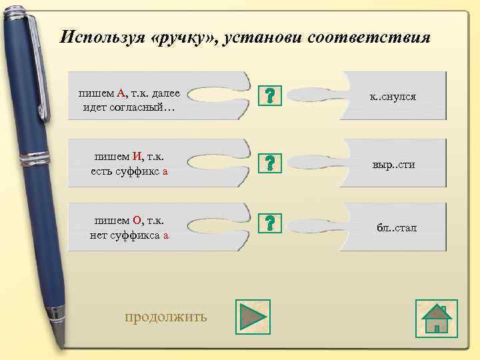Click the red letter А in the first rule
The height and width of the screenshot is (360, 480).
coord(121,95)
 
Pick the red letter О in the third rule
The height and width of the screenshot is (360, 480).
coord(137,221)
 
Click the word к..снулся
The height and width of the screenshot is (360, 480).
coord(393,97)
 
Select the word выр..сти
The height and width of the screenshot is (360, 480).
coord(393,164)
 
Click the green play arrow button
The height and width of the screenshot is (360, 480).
coord(251,316)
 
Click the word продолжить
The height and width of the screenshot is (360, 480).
coord(166,316)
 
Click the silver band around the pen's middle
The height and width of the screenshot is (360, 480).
coord(33,159)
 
